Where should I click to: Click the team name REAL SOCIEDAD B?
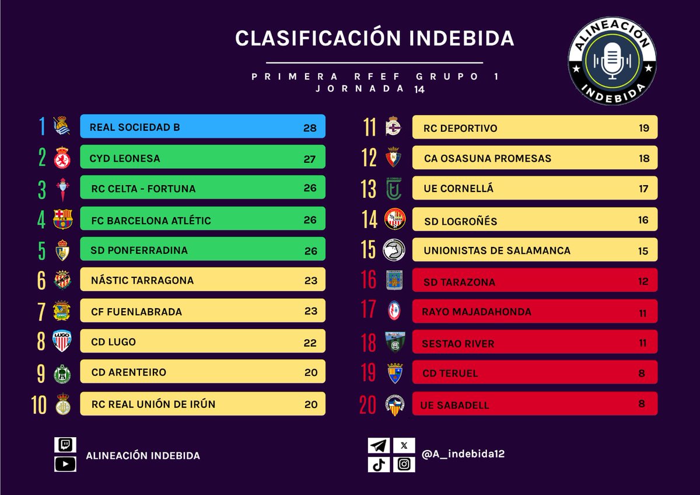point(135,127)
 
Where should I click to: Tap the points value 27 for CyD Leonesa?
point(310,158)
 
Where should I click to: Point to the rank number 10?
point(39,404)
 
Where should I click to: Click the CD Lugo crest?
point(62,341)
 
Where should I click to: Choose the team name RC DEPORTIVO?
point(460,128)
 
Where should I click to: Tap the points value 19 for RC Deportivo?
point(643,128)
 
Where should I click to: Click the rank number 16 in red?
point(369,280)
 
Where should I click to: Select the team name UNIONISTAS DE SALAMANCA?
point(497,251)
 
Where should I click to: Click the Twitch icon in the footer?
point(65,445)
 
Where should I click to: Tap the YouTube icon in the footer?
point(65,464)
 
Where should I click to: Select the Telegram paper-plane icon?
point(379,446)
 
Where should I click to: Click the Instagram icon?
point(404,465)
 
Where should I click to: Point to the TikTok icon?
point(379,465)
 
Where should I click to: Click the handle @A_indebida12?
point(463,454)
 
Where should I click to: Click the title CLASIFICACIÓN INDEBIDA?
point(374,39)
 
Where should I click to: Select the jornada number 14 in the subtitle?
point(419,89)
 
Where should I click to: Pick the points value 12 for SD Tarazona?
point(643,282)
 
